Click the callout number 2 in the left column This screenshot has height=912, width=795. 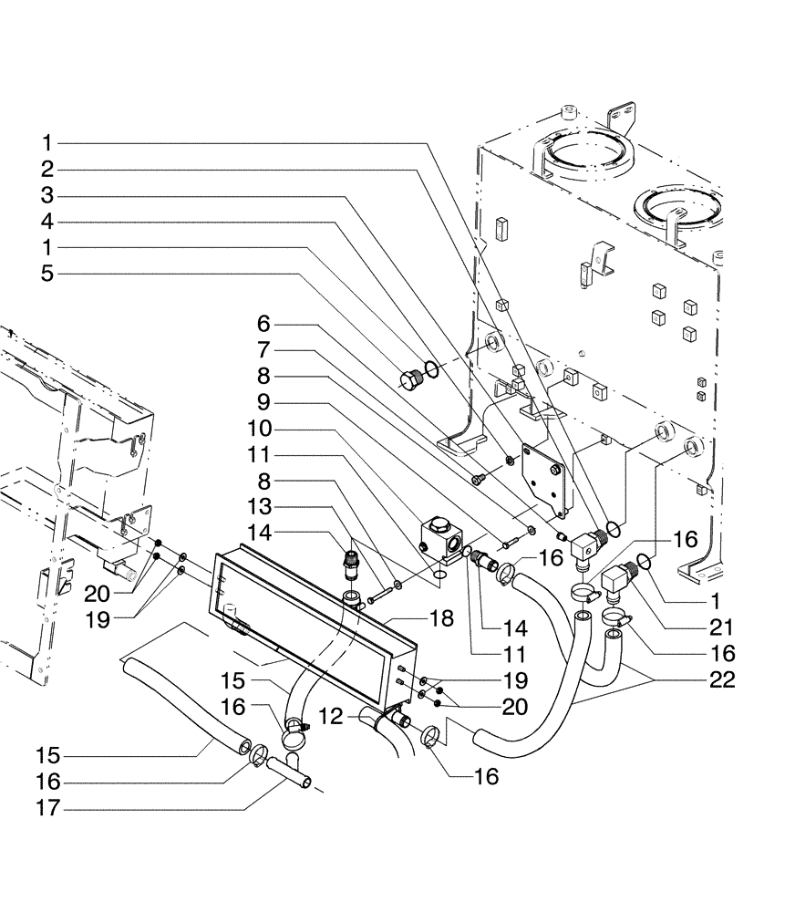pyautogui.click(x=46, y=170)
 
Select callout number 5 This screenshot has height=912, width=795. pyautogui.click(x=46, y=273)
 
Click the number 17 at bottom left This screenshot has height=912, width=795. pyautogui.click(x=47, y=807)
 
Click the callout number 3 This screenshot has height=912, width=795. pyautogui.click(x=46, y=195)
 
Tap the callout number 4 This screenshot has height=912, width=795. pyautogui.click(x=46, y=222)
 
